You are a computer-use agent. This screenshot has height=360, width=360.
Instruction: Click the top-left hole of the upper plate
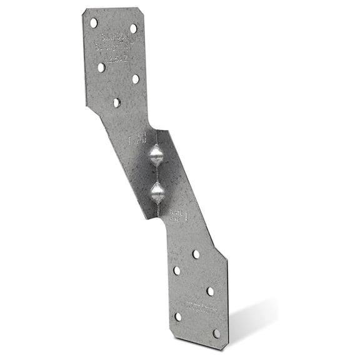point(94,22)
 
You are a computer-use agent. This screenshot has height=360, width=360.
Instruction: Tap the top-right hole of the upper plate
point(133,29)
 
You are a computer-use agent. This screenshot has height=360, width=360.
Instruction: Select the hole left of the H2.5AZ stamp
point(101,67)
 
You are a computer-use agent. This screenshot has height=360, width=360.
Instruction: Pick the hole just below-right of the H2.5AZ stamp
point(136,79)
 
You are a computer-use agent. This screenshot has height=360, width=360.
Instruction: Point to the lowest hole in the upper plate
point(117,102)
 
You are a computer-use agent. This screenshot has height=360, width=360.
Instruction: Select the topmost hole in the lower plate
point(196,254)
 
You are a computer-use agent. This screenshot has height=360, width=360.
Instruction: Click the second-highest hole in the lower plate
point(177,271)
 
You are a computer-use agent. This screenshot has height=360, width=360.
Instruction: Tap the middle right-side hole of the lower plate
point(210,291)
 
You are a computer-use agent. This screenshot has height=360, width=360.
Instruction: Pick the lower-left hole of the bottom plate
point(178,317)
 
